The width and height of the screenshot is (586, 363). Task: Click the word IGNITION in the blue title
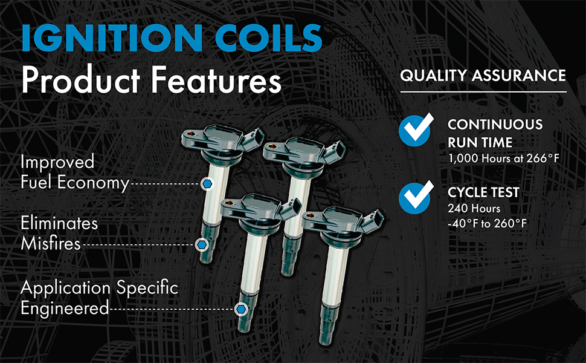pyautogui.click(x=112, y=38)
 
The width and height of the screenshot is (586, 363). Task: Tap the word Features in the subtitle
pyautogui.click(x=216, y=80)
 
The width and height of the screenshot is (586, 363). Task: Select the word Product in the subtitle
pyautogui.click(x=80, y=80)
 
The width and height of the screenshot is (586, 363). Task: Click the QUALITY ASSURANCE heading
pyautogui.click(x=483, y=76)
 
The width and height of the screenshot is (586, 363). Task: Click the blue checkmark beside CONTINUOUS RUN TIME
pyautogui.click(x=416, y=129)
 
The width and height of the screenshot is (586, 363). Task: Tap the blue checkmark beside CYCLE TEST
pyautogui.click(x=416, y=197)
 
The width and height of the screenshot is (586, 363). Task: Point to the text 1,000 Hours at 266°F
pyautogui.click(x=504, y=159)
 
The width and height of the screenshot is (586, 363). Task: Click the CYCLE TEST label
pyautogui.click(x=483, y=192)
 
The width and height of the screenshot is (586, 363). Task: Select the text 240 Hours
pyautogui.click(x=474, y=208)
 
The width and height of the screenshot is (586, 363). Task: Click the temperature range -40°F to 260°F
pyautogui.click(x=487, y=224)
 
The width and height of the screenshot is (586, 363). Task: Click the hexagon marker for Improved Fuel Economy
pyautogui.click(x=207, y=184)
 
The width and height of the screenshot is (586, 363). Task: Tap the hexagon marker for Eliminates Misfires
pyautogui.click(x=202, y=245)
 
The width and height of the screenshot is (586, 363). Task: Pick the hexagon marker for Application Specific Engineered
pyautogui.click(x=241, y=309)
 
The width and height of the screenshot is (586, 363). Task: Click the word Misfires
pyautogui.click(x=51, y=244)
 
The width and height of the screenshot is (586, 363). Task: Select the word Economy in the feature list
pyautogui.click(x=93, y=183)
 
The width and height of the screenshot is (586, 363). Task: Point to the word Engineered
pyautogui.click(x=65, y=309)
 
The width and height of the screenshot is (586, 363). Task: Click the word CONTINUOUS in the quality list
pyautogui.click(x=495, y=125)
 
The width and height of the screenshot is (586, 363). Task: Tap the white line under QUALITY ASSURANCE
pyautogui.click(x=483, y=92)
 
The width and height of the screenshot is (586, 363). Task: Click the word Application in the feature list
pyautogui.click(x=66, y=289)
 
